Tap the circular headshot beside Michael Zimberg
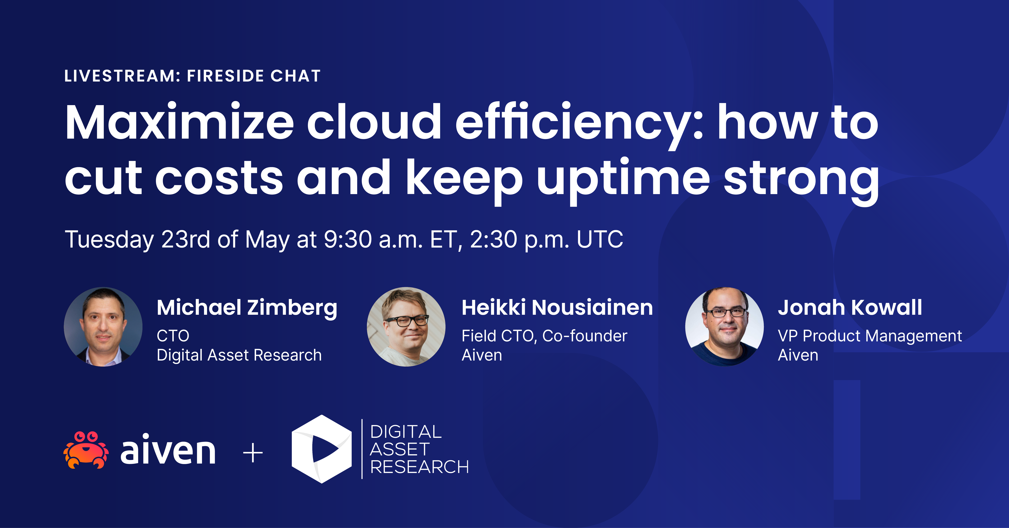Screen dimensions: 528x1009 pyautogui.click(x=103, y=327)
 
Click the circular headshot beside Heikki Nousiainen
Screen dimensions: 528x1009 pyautogui.click(x=406, y=327)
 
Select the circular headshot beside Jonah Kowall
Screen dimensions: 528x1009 pyautogui.click(x=724, y=327)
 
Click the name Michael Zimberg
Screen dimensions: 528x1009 pyautogui.click(x=247, y=308)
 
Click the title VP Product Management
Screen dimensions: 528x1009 pyautogui.click(x=870, y=336)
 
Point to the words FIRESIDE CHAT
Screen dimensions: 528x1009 pyautogui.click(x=254, y=76)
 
